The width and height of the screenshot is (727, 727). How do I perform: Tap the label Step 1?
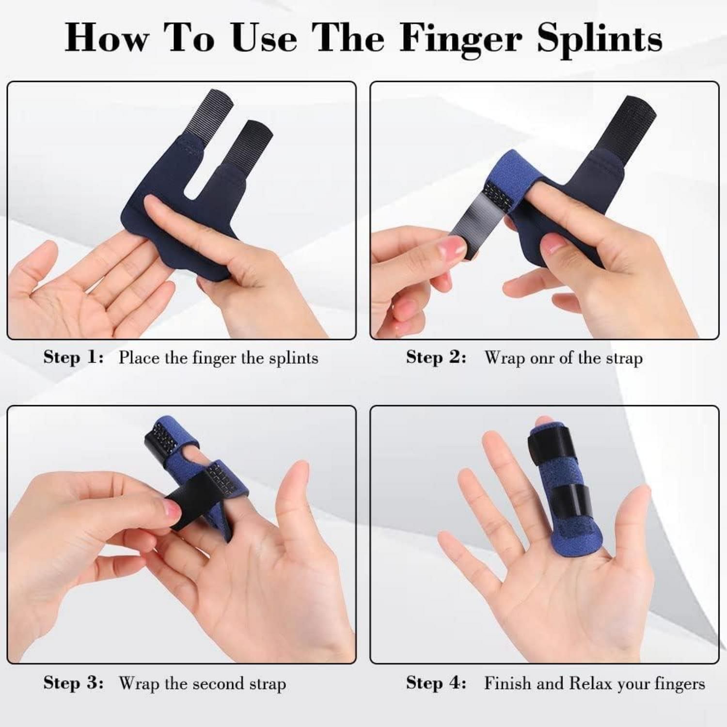pos(74,358)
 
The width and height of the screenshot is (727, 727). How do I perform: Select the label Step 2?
pos(436,358)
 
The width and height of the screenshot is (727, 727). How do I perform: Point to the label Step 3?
pos(74,683)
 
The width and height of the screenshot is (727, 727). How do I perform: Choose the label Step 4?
pos(436,683)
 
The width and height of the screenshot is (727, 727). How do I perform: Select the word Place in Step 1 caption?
pos(139,358)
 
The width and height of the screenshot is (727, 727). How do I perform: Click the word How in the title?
pos(107,38)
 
